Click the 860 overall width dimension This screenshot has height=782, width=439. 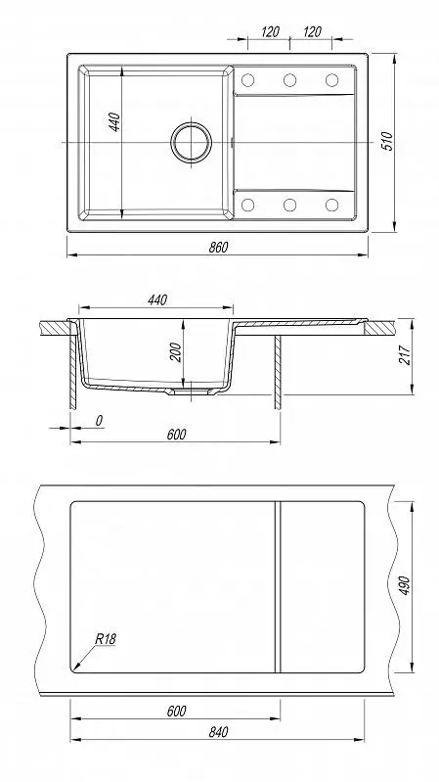218,247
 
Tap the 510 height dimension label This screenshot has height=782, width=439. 387,141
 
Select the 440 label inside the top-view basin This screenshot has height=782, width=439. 114,122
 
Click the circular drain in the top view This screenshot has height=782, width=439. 191,142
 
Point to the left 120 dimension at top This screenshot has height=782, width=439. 269,32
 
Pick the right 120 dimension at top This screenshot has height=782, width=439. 312,32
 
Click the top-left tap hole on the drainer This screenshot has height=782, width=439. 247,80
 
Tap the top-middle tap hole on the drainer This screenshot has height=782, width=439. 289,80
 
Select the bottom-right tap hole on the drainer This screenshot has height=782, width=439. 331,205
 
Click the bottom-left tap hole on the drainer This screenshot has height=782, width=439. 247,205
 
